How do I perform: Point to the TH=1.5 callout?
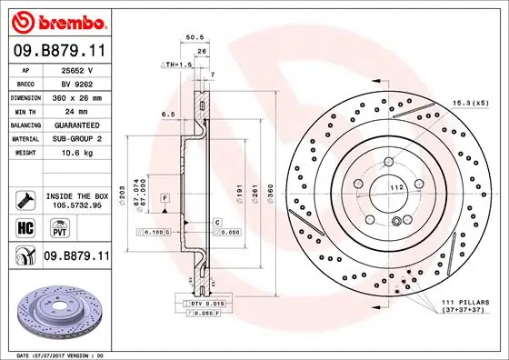click(x=178, y=65)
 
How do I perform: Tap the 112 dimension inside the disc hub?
click(x=396, y=187)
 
